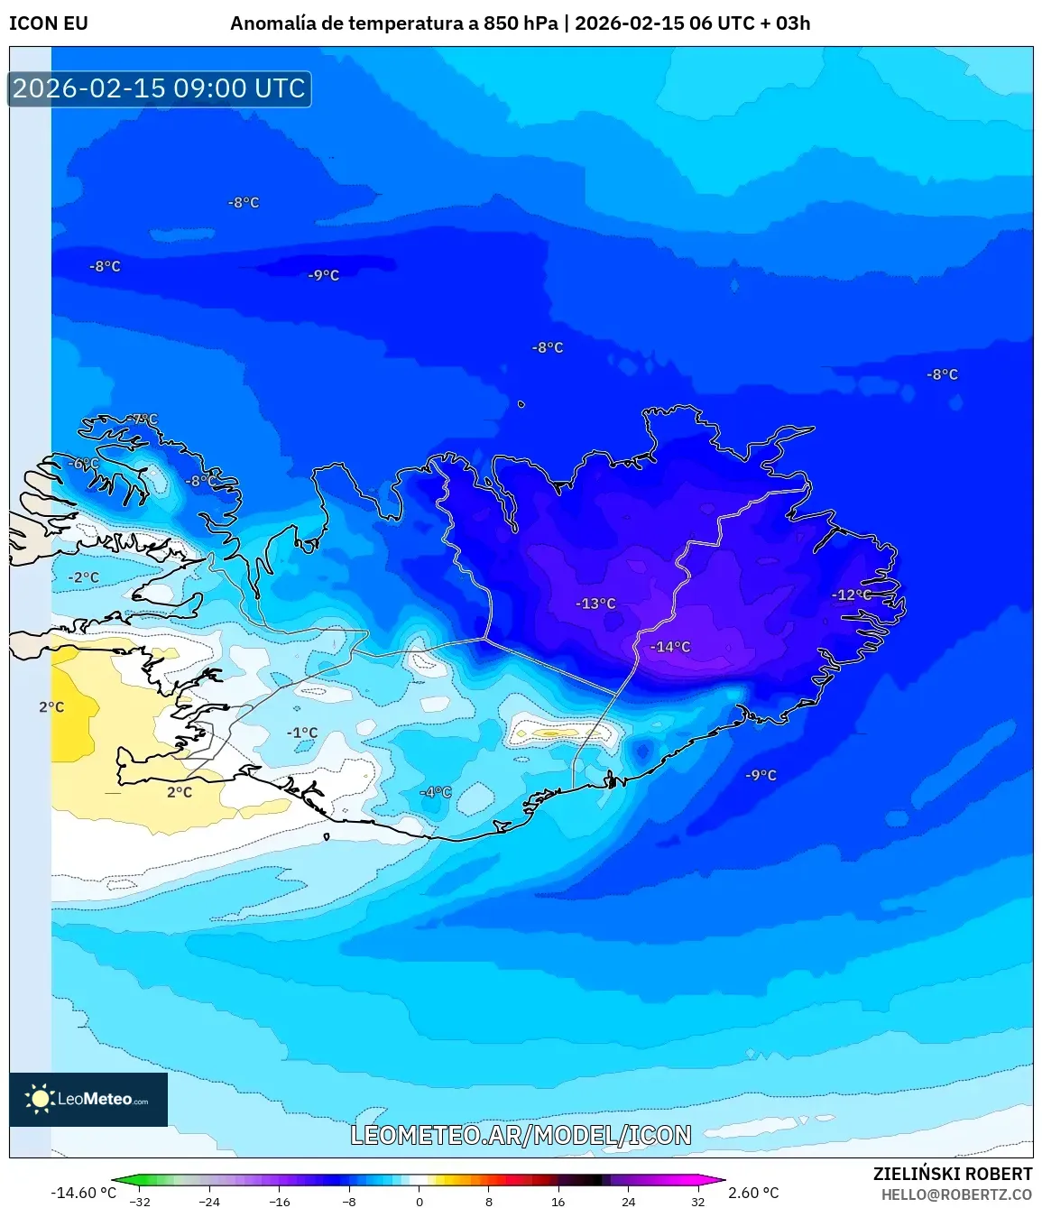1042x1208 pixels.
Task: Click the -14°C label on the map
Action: tap(670, 647)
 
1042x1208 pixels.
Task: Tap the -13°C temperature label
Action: tap(595, 604)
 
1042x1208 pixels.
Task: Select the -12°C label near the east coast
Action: tap(851, 595)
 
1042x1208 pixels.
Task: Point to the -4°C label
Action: tap(435, 792)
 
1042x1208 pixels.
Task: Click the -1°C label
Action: tap(302, 733)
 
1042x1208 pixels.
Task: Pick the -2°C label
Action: tap(84, 577)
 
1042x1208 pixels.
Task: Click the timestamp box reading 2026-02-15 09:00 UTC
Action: tap(160, 88)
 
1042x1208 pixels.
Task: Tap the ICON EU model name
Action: tap(49, 23)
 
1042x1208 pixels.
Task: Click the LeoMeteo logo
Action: tap(88, 1099)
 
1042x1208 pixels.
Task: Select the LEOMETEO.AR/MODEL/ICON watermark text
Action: tap(521, 1135)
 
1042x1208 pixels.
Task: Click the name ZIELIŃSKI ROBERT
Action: tap(952, 1174)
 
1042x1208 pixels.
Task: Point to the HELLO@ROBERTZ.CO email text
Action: tap(956, 1194)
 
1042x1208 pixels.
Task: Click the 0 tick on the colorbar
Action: tap(419, 1201)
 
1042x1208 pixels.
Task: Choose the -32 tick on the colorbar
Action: tap(140, 1201)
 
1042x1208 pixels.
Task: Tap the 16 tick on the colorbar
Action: tap(558, 1201)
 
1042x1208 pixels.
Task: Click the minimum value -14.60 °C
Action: tap(83, 1193)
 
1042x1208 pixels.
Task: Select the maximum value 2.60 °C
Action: tap(753, 1193)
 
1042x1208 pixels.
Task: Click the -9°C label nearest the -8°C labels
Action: tap(323, 275)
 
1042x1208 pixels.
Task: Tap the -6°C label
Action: tap(83, 464)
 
